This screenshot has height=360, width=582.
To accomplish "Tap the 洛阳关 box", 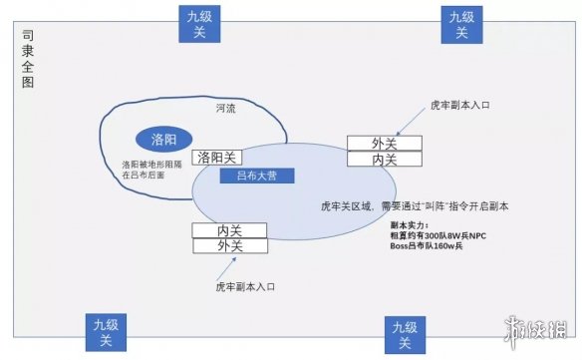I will click(x=218, y=157).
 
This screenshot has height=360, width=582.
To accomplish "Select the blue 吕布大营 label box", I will click(x=257, y=175).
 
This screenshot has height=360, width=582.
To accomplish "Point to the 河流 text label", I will click(x=226, y=107).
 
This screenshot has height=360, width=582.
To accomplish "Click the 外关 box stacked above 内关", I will click(x=384, y=143).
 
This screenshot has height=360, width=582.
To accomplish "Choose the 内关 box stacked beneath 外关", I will click(x=384, y=159).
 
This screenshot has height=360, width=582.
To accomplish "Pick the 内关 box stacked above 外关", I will click(x=229, y=230).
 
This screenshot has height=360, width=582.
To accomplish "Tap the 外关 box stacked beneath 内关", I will click(x=229, y=245).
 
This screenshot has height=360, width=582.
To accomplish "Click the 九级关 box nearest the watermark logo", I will click(x=405, y=334).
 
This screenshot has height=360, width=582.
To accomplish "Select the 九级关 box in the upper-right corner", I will click(x=461, y=23).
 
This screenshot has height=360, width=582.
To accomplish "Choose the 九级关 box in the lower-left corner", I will click(x=105, y=332).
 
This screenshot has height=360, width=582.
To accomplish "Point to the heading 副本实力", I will click(x=411, y=225).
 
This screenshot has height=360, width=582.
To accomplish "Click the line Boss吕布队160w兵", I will click(x=434, y=245).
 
